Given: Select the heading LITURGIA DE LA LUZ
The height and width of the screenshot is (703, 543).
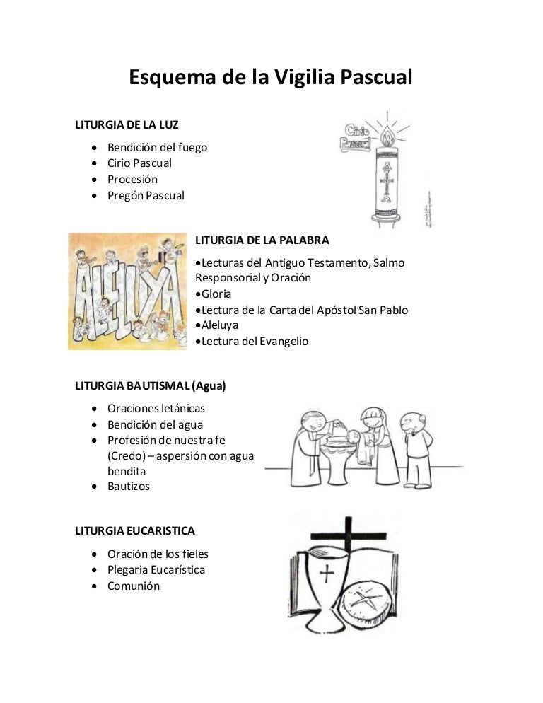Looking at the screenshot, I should click(127, 125).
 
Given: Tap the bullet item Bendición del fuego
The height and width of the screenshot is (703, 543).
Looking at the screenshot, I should click(157, 147).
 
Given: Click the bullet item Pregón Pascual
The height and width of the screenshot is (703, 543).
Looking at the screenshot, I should click(146, 195).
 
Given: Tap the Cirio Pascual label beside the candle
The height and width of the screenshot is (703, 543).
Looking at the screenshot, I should click(356, 137).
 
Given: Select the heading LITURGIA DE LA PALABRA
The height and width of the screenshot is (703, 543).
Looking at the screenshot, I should click(262, 240).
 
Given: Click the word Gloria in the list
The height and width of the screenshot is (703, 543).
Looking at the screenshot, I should click(216, 294).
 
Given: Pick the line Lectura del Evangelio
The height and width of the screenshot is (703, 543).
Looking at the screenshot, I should click(255, 341).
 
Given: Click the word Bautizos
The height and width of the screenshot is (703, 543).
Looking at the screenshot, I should click(129, 486).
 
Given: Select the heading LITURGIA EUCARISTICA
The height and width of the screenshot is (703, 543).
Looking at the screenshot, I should click(135, 530).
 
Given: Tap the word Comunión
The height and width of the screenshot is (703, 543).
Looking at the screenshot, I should click(134, 586).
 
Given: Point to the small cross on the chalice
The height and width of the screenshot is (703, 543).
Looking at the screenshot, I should click(326, 573).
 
